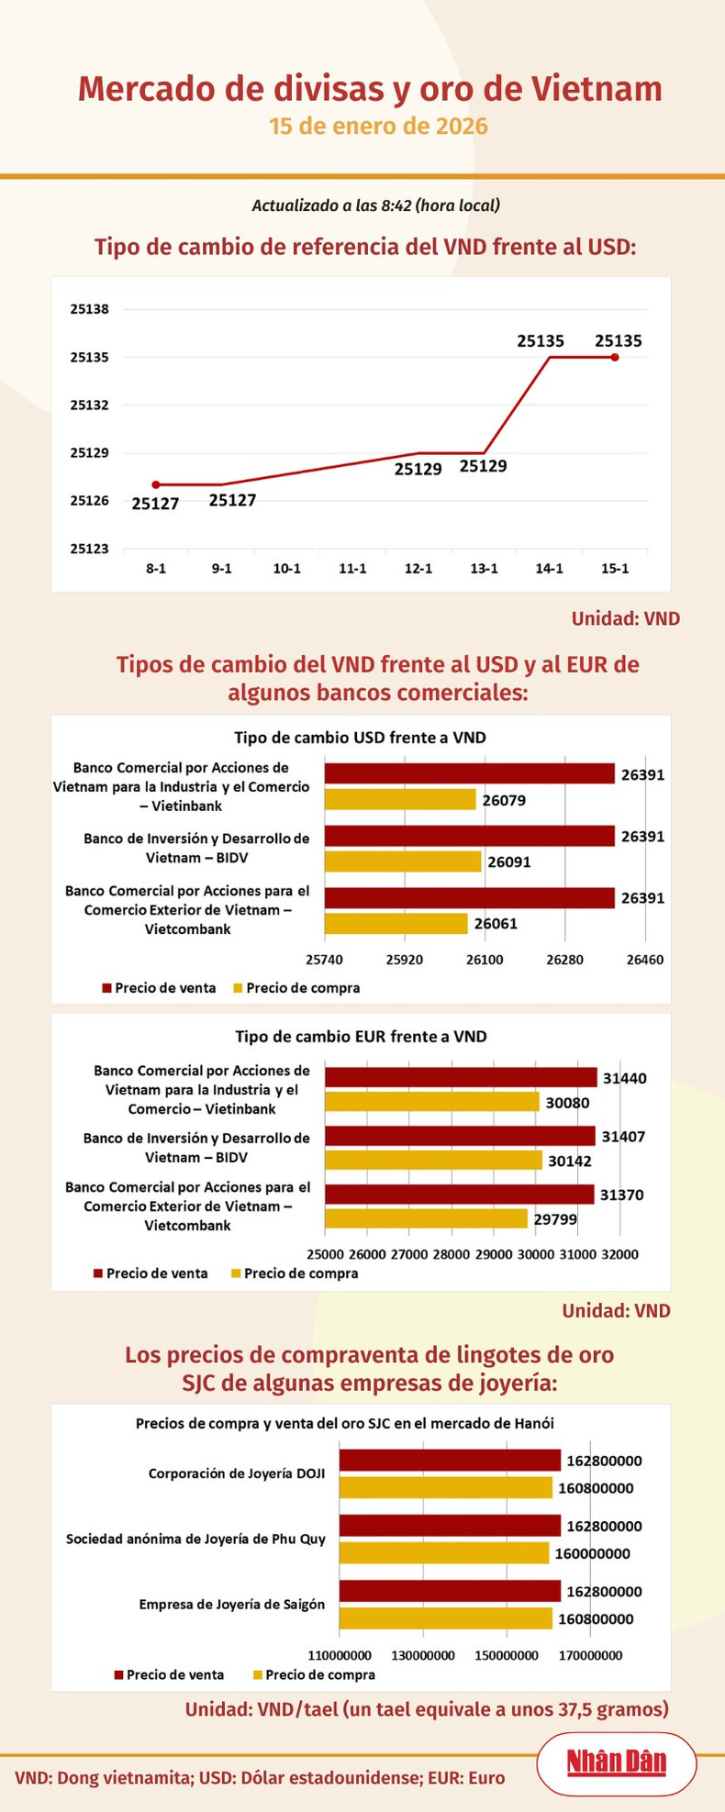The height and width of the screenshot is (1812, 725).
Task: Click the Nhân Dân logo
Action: point(616,1762)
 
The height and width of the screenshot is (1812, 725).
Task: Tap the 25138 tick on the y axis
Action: point(89,309)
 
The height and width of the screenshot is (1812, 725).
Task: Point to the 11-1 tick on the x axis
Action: point(352,569)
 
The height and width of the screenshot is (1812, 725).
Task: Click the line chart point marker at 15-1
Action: point(615,357)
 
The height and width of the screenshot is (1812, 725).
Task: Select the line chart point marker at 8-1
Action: point(156,484)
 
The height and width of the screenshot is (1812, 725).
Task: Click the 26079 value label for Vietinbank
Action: point(504,800)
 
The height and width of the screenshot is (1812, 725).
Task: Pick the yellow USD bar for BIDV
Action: point(403,862)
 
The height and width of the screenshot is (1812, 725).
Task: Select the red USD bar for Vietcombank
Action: point(469,898)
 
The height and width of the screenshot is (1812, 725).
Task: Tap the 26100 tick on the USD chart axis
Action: point(485,960)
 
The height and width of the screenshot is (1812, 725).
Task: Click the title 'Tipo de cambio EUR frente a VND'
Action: point(361,1037)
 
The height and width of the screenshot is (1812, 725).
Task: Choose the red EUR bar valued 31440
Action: point(461,1077)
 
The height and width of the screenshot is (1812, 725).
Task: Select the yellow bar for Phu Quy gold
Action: point(444,1553)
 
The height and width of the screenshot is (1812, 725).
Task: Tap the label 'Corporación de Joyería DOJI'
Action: point(237,1473)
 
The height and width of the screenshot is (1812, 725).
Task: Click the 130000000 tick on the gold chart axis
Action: point(423,1656)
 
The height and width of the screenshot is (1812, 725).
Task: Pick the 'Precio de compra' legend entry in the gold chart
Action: point(314,1674)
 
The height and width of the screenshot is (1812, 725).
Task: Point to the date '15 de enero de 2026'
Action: point(378,126)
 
